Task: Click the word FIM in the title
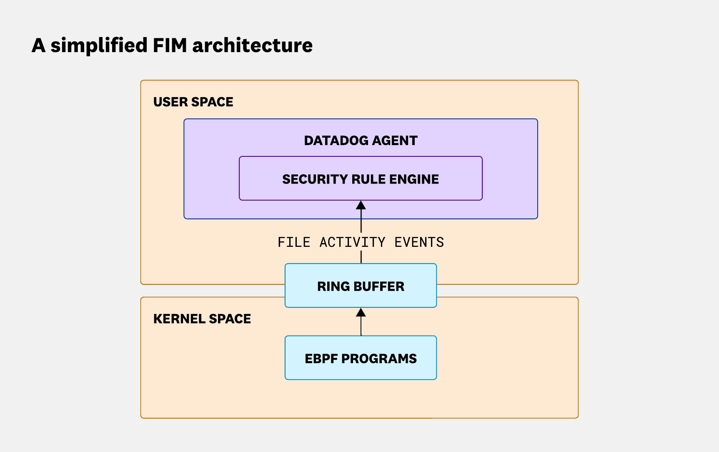click(170, 45)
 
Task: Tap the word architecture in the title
click(252, 45)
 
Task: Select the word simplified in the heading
click(99, 45)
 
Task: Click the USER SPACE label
click(193, 102)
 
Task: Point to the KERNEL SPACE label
click(202, 319)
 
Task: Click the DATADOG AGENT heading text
click(361, 141)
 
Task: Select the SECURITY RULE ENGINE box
click(361, 179)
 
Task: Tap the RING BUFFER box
click(361, 286)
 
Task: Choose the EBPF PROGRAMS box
click(361, 358)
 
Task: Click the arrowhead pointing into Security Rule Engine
click(361, 205)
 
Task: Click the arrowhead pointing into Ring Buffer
click(361, 312)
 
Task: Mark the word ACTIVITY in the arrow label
click(352, 242)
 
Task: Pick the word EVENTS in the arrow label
click(419, 242)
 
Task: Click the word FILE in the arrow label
click(294, 242)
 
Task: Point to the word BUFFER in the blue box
click(378, 286)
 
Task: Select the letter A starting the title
click(38, 45)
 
